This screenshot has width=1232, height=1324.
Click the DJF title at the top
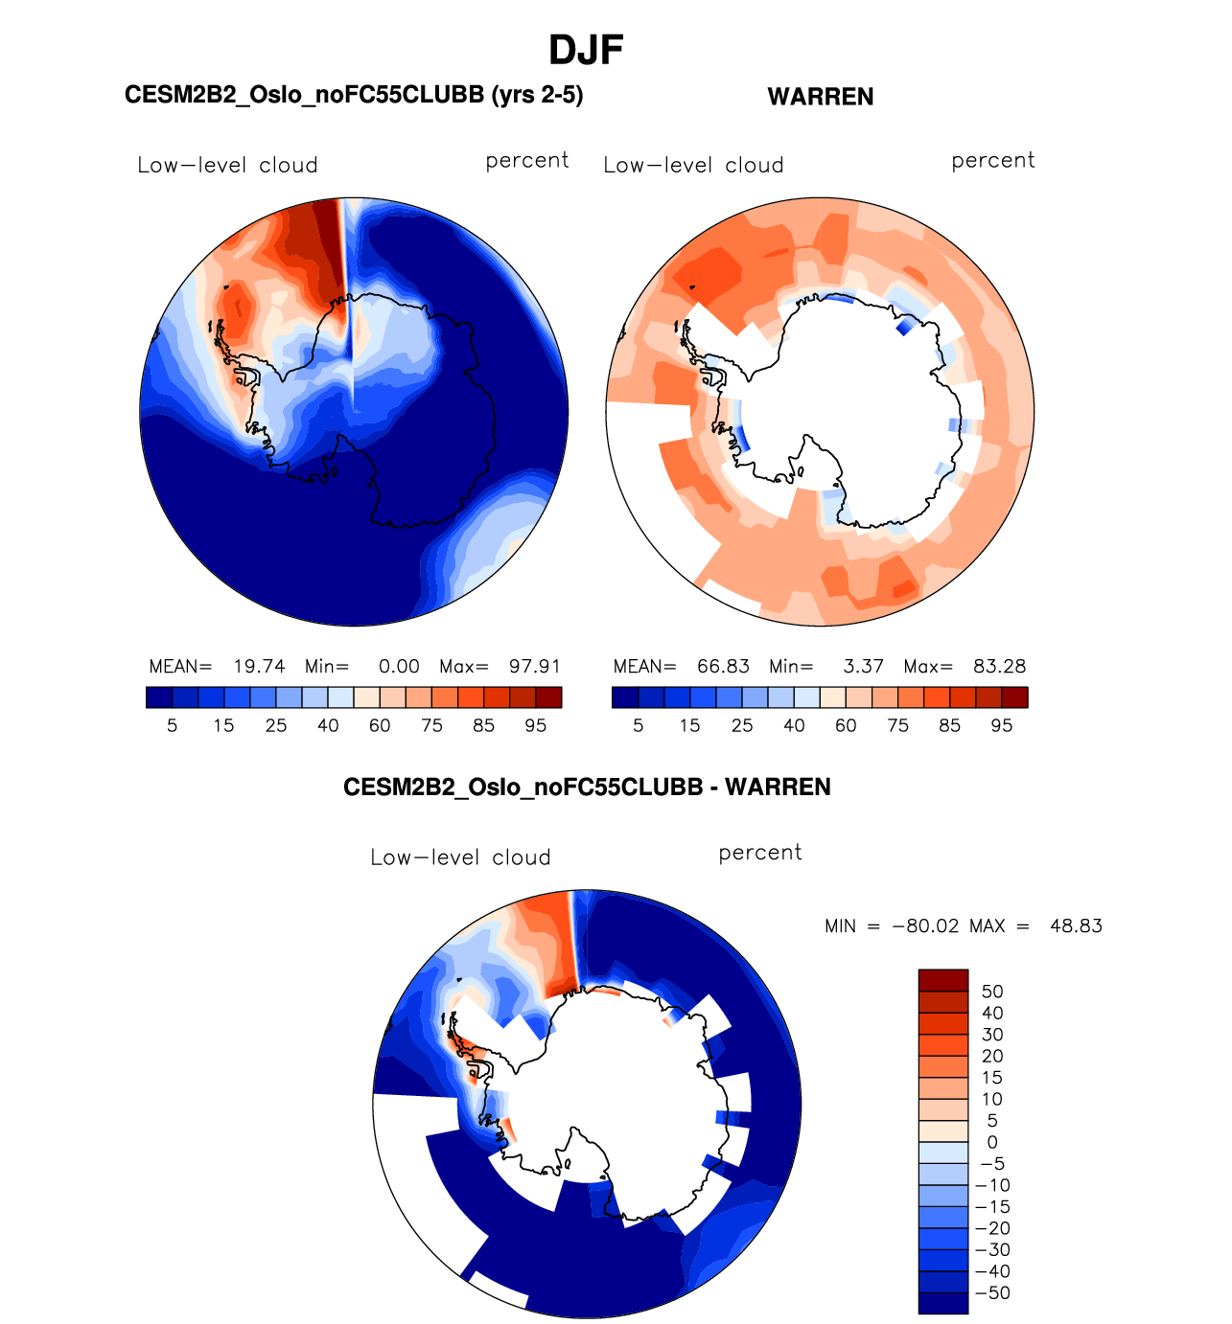(x=586, y=50)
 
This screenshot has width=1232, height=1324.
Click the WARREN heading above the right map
(x=821, y=97)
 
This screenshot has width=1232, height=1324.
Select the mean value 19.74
(x=259, y=666)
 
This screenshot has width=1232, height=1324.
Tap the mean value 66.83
(x=723, y=666)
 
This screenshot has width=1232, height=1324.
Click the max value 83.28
(x=999, y=666)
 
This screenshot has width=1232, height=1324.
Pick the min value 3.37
(x=863, y=666)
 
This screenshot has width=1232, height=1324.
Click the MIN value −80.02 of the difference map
(x=925, y=925)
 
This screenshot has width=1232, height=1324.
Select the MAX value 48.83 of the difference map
(x=1076, y=925)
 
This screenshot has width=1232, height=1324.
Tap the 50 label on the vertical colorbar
(x=992, y=992)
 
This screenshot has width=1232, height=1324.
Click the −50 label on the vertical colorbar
(x=992, y=1292)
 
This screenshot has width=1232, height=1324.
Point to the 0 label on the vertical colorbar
(x=992, y=1142)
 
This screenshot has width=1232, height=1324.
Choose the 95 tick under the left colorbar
(x=535, y=725)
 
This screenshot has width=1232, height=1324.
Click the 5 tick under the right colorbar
(x=639, y=725)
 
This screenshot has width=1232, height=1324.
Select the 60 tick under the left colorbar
(x=380, y=725)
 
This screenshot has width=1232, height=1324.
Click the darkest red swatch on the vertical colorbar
(x=942, y=980)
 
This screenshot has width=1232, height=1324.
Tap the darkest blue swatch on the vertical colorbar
(x=942, y=1303)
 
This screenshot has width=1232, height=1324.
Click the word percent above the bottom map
(x=759, y=853)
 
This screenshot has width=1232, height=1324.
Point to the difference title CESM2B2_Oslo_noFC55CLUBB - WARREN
(x=587, y=788)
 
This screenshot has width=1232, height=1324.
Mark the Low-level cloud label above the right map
(x=693, y=165)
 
